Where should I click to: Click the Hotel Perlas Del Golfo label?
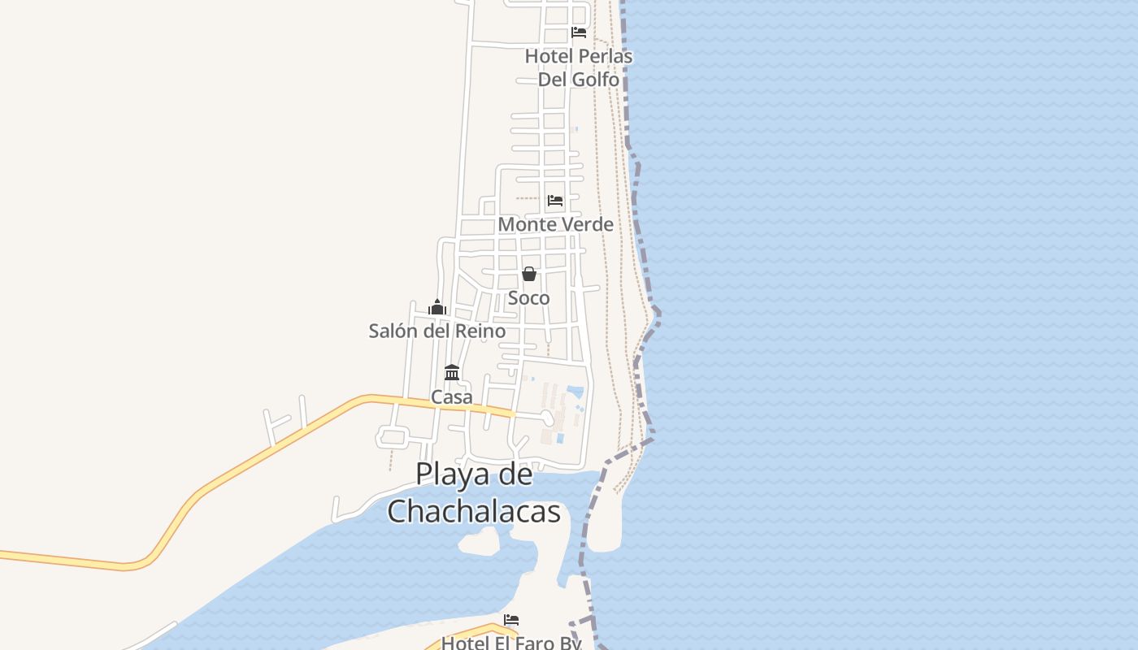[x=578, y=67]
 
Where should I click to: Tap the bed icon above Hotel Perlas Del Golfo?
[x=579, y=32]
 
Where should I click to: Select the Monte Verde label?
[x=555, y=224]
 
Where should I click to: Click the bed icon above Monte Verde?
[x=555, y=200]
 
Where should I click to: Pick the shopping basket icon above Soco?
[x=529, y=274]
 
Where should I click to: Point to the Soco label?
[x=528, y=298]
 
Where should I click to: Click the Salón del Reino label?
[x=437, y=331]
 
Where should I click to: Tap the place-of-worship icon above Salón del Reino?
[x=437, y=307]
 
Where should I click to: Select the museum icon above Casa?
[x=452, y=373]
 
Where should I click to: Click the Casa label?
[x=451, y=397]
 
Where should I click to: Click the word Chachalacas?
[x=474, y=512]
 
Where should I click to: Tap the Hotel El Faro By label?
[x=511, y=643]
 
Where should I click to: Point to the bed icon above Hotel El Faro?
[x=511, y=620]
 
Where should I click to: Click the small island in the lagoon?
[x=479, y=540]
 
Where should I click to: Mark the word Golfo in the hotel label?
[x=596, y=80]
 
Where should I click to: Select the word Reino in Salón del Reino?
[x=481, y=331]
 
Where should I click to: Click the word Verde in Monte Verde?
[x=586, y=224]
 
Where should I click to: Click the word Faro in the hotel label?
[x=536, y=643]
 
